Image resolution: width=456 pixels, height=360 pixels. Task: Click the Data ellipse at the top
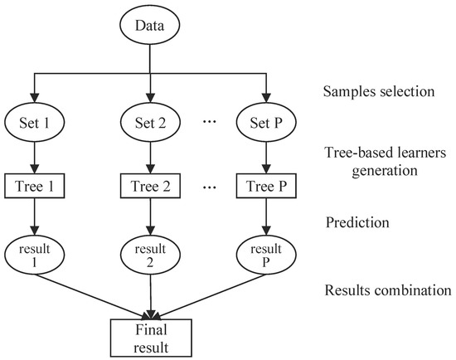[149, 26]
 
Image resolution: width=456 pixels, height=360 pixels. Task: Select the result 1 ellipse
[35, 254]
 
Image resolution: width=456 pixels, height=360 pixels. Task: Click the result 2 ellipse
[149, 254]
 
